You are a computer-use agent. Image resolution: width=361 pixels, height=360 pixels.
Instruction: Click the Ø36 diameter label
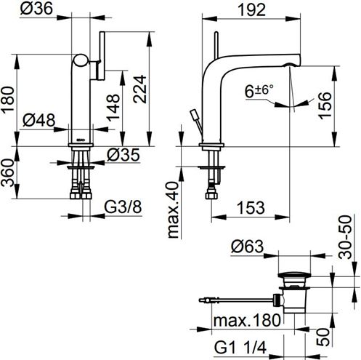36,9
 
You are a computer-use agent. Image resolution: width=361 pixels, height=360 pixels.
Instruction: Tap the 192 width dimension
251,10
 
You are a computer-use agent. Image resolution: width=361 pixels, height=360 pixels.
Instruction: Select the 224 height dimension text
139,89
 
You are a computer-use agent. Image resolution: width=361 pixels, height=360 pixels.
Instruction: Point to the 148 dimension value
113,108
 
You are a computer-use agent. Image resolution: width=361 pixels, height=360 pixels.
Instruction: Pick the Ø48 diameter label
39,120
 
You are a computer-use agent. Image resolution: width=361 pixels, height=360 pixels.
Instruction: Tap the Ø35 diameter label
123,155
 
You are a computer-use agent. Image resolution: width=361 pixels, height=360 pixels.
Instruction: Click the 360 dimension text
7,172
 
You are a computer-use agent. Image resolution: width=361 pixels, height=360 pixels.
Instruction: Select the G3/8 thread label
123,207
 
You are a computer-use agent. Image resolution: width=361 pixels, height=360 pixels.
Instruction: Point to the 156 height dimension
325,105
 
